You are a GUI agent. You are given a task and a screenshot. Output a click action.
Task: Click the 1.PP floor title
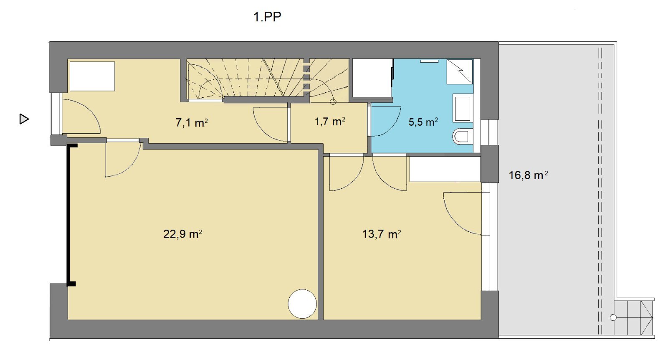(x=267, y=17)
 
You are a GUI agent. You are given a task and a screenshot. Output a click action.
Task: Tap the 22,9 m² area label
(x=182, y=234)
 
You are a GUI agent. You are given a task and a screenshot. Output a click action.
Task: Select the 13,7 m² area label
(x=381, y=234)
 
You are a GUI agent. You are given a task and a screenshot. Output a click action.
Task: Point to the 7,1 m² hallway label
(x=192, y=122)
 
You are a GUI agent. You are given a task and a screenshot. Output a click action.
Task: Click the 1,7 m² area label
(x=330, y=122)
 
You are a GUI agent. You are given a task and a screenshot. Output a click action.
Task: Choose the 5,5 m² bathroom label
(x=423, y=122)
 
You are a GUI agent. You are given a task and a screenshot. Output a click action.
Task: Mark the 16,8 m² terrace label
(x=528, y=175)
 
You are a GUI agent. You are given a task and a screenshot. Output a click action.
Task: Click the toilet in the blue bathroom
(x=463, y=137)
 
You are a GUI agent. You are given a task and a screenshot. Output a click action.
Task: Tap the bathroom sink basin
(x=463, y=108)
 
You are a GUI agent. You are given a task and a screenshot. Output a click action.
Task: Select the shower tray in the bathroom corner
(x=460, y=71)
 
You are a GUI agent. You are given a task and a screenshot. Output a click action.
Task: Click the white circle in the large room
(x=302, y=304)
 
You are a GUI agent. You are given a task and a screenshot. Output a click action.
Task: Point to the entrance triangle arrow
(x=24, y=119)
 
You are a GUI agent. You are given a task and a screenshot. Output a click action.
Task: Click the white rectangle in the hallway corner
(x=92, y=76)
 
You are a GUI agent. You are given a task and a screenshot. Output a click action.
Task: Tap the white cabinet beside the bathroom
(x=372, y=78)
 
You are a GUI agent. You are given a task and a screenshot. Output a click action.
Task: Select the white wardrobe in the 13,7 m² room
(x=445, y=169)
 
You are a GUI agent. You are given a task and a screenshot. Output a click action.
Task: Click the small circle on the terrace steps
(x=613, y=318)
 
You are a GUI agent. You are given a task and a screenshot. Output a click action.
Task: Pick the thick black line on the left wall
(x=68, y=215)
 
